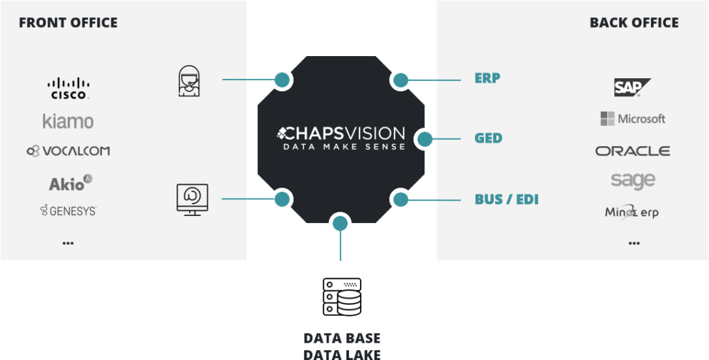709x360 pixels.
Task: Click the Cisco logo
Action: click(69, 88)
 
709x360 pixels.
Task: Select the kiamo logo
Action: click(69, 121)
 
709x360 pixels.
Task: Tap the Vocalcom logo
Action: click(69, 151)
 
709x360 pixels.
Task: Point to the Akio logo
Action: click(71, 183)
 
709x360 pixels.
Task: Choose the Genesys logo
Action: click(69, 210)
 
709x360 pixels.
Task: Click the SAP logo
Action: click(632, 87)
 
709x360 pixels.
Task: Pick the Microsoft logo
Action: click(633, 119)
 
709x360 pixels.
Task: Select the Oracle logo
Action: click(633, 151)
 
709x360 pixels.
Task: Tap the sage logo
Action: click(633, 181)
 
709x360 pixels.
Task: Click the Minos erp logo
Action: click(632, 212)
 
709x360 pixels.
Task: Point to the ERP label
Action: click(487, 78)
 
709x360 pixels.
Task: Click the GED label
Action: click(488, 138)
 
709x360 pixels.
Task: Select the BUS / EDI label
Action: click(506, 199)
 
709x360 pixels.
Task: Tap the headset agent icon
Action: click(189, 81)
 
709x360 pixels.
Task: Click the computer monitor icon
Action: click(192, 199)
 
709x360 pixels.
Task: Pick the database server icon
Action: click(342, 297)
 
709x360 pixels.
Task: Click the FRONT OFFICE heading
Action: click(69, 23)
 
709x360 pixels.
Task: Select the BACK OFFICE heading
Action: click(634, 23)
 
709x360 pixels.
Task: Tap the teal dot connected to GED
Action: click(424, 139)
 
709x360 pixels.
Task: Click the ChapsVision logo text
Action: click(341, 138)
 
